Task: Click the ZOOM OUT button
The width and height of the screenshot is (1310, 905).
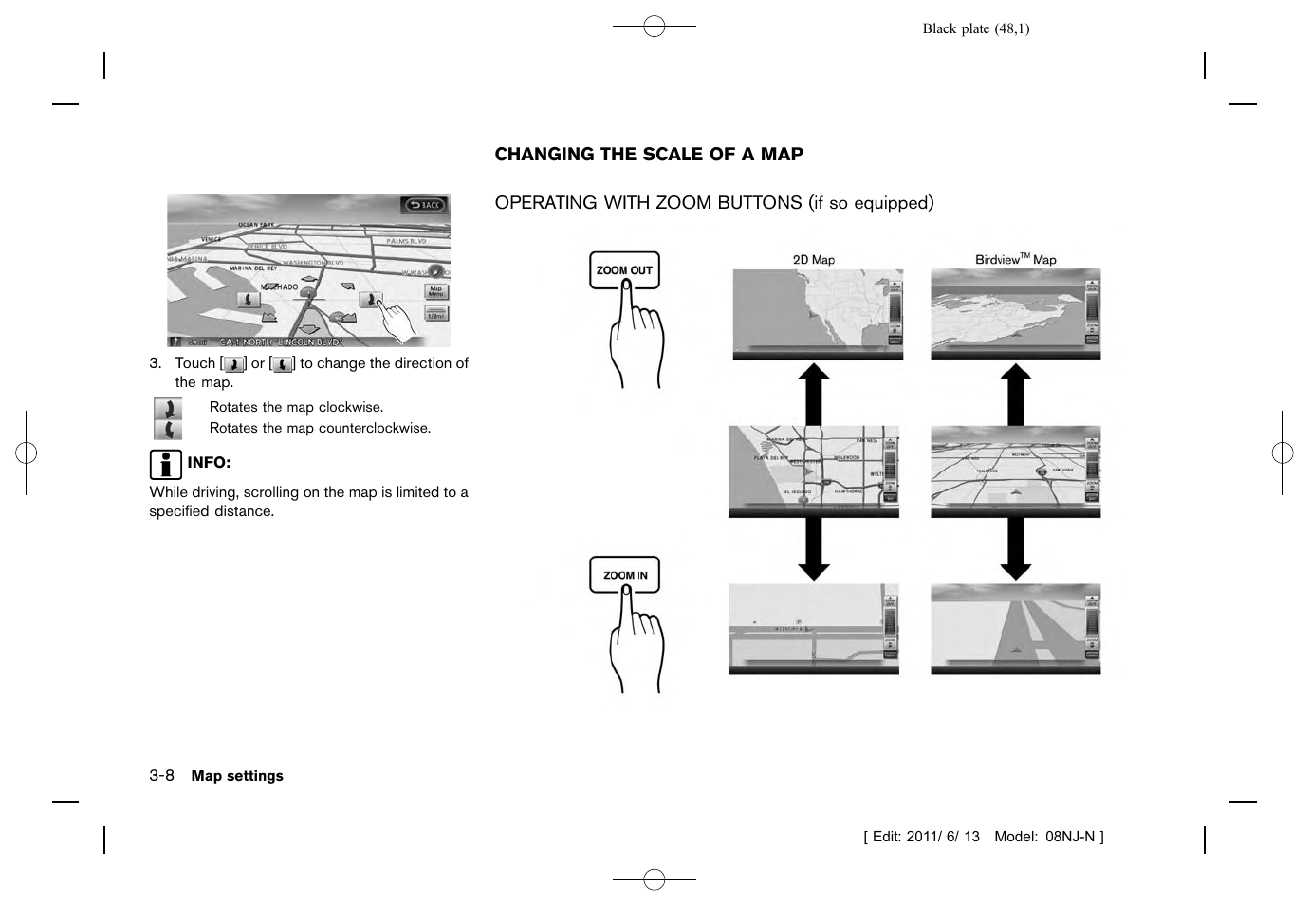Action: pyautogui.click(x=624, y=270)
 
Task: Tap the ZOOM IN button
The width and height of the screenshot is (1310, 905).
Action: pyautogui.click(x=624, y=575)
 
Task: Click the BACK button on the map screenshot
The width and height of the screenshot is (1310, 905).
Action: pyautogui.click(x=424, y=204)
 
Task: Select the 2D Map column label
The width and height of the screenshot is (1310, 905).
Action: pyautogui.click(x=814, y=259)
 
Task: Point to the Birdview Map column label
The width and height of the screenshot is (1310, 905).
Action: pyautogui.click(x=1015, y=259)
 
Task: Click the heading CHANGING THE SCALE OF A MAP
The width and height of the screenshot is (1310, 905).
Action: pyautogui.click(x=649, y=155)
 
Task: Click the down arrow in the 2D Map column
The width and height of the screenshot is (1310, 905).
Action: pyautogui.click(x=813, y=549)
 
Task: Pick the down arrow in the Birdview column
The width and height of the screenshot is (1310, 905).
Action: pyautogui.click(x=1015, y=549)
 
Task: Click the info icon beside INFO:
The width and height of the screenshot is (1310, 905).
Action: pyautogui.click(x=165, y=464)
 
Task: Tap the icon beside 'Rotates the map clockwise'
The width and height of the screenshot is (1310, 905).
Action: pyautogui.click(x=168, y=409)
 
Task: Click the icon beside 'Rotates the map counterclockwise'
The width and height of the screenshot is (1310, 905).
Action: pyautogui.click(x=168, y=430)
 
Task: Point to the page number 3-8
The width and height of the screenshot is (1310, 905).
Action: pyautogui.click(x=161, y=775)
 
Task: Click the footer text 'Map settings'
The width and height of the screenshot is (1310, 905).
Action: pyautogui.click(x=237, y=776)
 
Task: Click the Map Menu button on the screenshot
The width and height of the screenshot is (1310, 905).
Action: pyautogui.click(x=435, y=291)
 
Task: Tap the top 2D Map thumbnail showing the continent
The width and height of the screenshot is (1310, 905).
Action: pyautogui.click(x=817, y=314)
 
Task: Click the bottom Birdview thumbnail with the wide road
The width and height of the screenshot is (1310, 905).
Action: pyautogui.click(x=1015, y=629)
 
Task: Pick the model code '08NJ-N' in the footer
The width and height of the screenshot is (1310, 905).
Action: pyautogui.click(x=1070, y=837)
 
